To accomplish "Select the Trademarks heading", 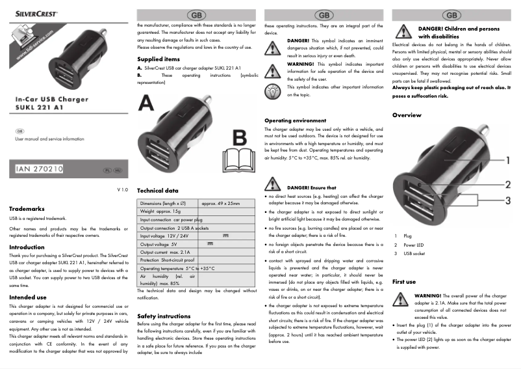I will pyautogui.click(x=27, y=209).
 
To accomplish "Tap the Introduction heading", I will pyautogui.click(x=27, y=247).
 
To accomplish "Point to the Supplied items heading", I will pyautogui.click(x=159, y=59).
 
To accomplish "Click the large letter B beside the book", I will pyautogui.click(x=240, y=138).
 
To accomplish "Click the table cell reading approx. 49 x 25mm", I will pyautogui.click(x=221, y=204).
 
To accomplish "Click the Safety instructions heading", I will pyautogui.click(x=164, y=316).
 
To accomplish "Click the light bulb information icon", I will pyautogui.click(x=273, y=90).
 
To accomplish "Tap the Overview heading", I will pyautogui.click(x=407, y=115).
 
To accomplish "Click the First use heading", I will pyautogui.click(x=404, y=281).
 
